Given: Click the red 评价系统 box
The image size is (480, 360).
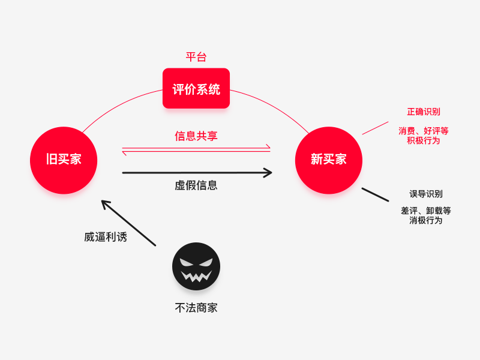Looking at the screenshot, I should [x=196, y=89].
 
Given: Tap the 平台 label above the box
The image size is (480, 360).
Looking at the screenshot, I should [x=196, y=58].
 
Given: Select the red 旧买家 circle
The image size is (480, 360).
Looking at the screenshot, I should [x=64, y=160].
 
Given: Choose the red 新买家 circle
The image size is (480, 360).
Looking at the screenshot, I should [x=329, y=160].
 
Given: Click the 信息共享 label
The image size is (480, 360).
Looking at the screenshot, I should [x=196, y=136].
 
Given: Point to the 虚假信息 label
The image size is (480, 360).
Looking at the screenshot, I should [x=196, y=185].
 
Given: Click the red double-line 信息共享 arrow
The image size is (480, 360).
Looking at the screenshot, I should [x=196, y=149].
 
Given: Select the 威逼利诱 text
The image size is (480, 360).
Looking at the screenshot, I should [x=106, y=237].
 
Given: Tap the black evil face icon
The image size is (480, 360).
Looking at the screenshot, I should [x=196, y=266].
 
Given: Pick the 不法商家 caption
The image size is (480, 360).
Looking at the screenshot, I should [x=196, y=308].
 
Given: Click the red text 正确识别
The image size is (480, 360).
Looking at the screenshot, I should [x=424, y=112].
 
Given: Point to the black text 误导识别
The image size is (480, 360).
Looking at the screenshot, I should [x=426, y=194].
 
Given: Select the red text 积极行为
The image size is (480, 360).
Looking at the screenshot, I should [x=424, y=140].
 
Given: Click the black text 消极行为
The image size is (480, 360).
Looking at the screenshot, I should [x=426, y=220].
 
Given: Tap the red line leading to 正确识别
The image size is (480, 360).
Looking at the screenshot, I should [x=375, y=128].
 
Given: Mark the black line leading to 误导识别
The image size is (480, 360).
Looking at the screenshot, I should [x=375, y=194].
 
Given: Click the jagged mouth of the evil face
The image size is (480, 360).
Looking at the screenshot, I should [x=196, y=276].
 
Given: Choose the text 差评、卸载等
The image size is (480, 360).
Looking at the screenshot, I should [x=426, y=211].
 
